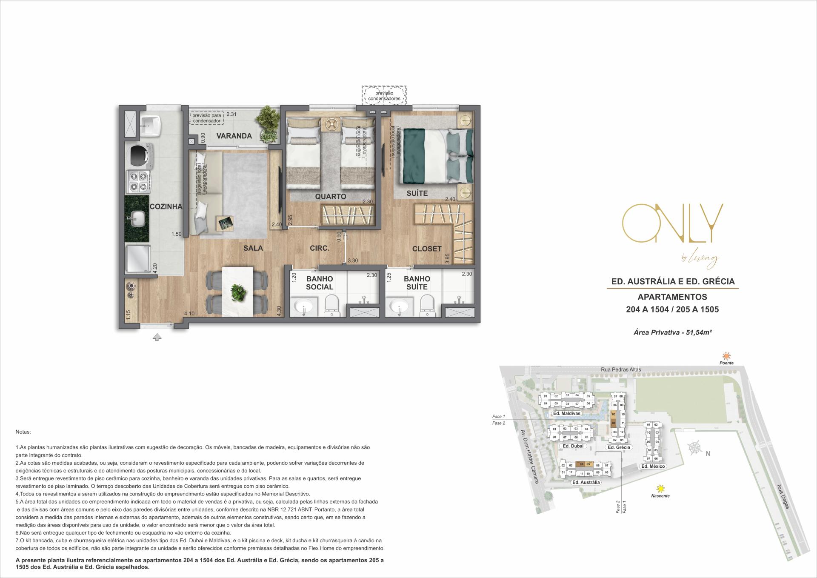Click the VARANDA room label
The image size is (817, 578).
coord(234,136)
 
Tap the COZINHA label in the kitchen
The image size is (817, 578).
coord(166,207)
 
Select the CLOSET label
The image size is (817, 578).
coord(427,249)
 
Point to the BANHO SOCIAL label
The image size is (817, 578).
coord(320,283)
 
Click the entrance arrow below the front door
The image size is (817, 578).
coord(157,338)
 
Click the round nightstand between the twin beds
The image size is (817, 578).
coord(330,123)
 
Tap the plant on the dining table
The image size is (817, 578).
coord(237,292)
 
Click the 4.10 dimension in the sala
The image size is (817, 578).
coord(189,314)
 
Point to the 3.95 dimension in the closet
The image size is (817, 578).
coord(447,259)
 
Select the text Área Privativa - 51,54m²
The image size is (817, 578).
coord(673,332)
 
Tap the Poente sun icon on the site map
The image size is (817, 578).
coord(726,356)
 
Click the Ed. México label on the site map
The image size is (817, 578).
coord(653,466)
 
